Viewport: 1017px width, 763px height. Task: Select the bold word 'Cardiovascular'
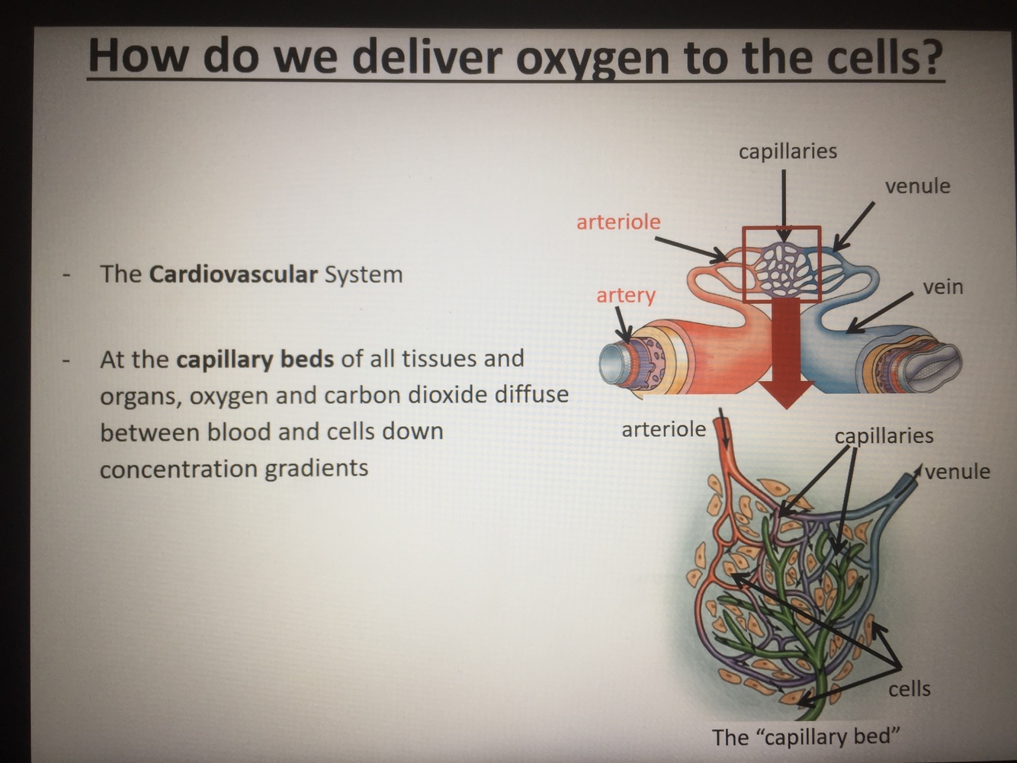233,274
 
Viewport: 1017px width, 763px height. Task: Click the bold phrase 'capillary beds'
255,358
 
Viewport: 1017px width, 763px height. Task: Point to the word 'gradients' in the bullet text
316,468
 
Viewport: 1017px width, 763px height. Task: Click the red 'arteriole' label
618,222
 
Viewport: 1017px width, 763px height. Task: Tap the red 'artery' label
625,295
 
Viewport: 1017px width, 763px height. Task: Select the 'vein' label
942,287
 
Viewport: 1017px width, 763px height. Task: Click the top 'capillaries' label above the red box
788,151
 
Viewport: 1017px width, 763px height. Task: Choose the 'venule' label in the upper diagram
917,186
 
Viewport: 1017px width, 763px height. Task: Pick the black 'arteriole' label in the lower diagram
663,429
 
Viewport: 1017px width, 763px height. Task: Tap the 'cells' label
909,688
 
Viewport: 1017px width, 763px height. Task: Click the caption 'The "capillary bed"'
806,737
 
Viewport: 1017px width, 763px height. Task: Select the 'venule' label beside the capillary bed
958,471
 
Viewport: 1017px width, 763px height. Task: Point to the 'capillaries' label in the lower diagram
884,436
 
